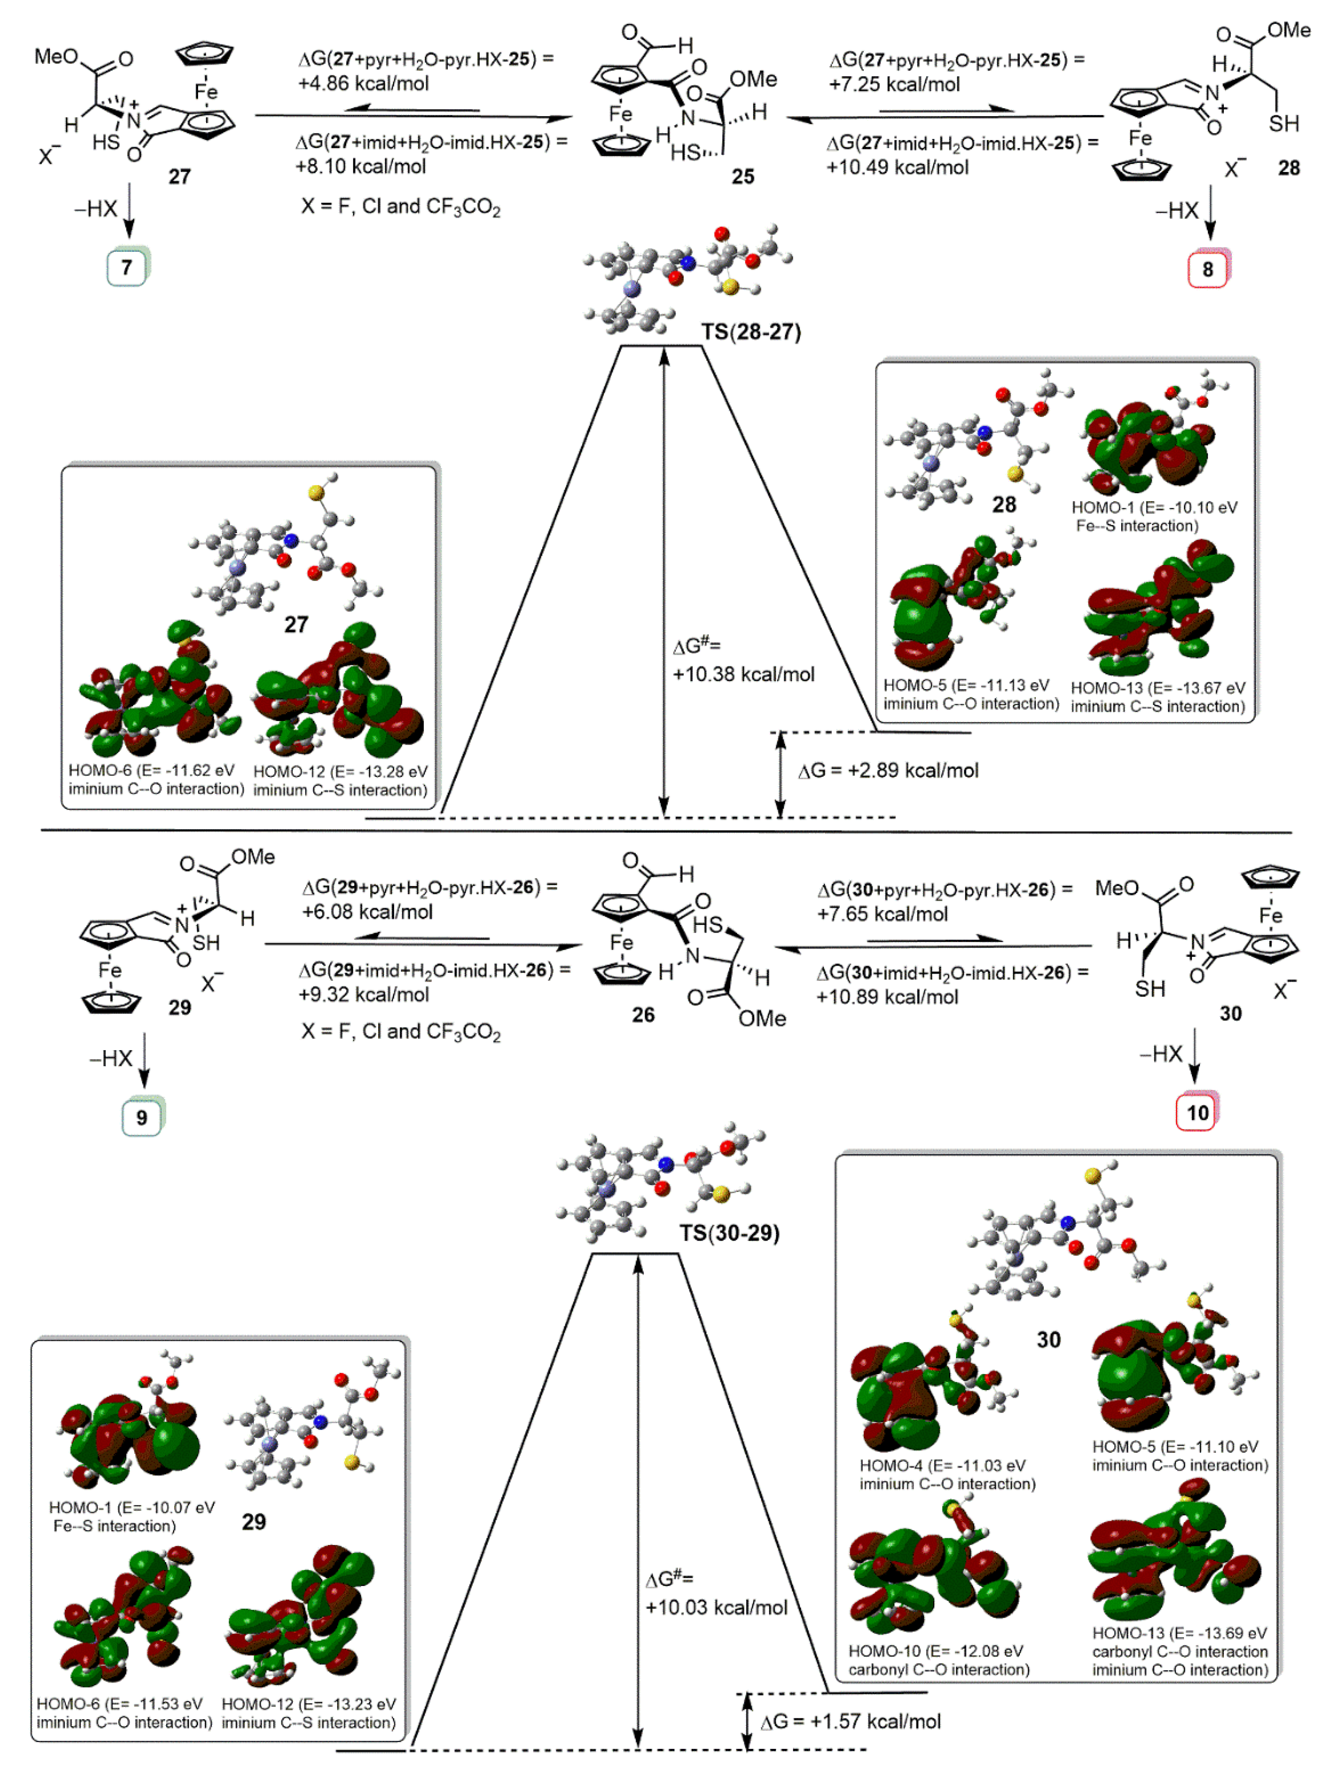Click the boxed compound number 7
pyautogui.click(x=126, y=267)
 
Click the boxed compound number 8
pyautogui.click(x=1207, y=269)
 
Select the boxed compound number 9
pyautogui.click(x=141, y=1118)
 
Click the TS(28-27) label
pyautogui.click(x=750, y=332)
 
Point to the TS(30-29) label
pyautogui.click(x=729, y=1232)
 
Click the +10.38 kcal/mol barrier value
pyautogui.click(x=743, y=674)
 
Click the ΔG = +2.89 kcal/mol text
pyautogui.click(x=888, y=771)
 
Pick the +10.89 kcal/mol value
pyautogui.click(x=887, y=997)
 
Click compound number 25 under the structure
pyautogui.click(x=742, y=177)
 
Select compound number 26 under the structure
pyautogui.click(x=643, y=1015)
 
